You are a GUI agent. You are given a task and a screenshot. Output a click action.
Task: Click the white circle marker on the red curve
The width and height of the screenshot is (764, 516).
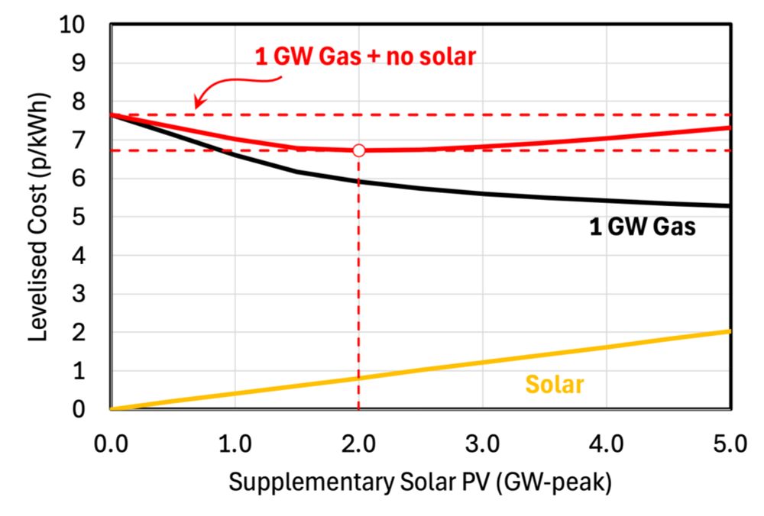point(358,150)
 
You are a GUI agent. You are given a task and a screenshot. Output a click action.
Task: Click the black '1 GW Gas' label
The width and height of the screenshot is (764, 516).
point(642,227)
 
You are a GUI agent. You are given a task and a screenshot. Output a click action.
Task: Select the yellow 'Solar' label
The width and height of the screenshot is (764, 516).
point(555,384)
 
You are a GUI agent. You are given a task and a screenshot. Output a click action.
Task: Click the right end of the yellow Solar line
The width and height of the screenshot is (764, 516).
point(730,331)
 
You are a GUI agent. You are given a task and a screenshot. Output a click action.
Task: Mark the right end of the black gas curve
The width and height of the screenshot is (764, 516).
point(730,206)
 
